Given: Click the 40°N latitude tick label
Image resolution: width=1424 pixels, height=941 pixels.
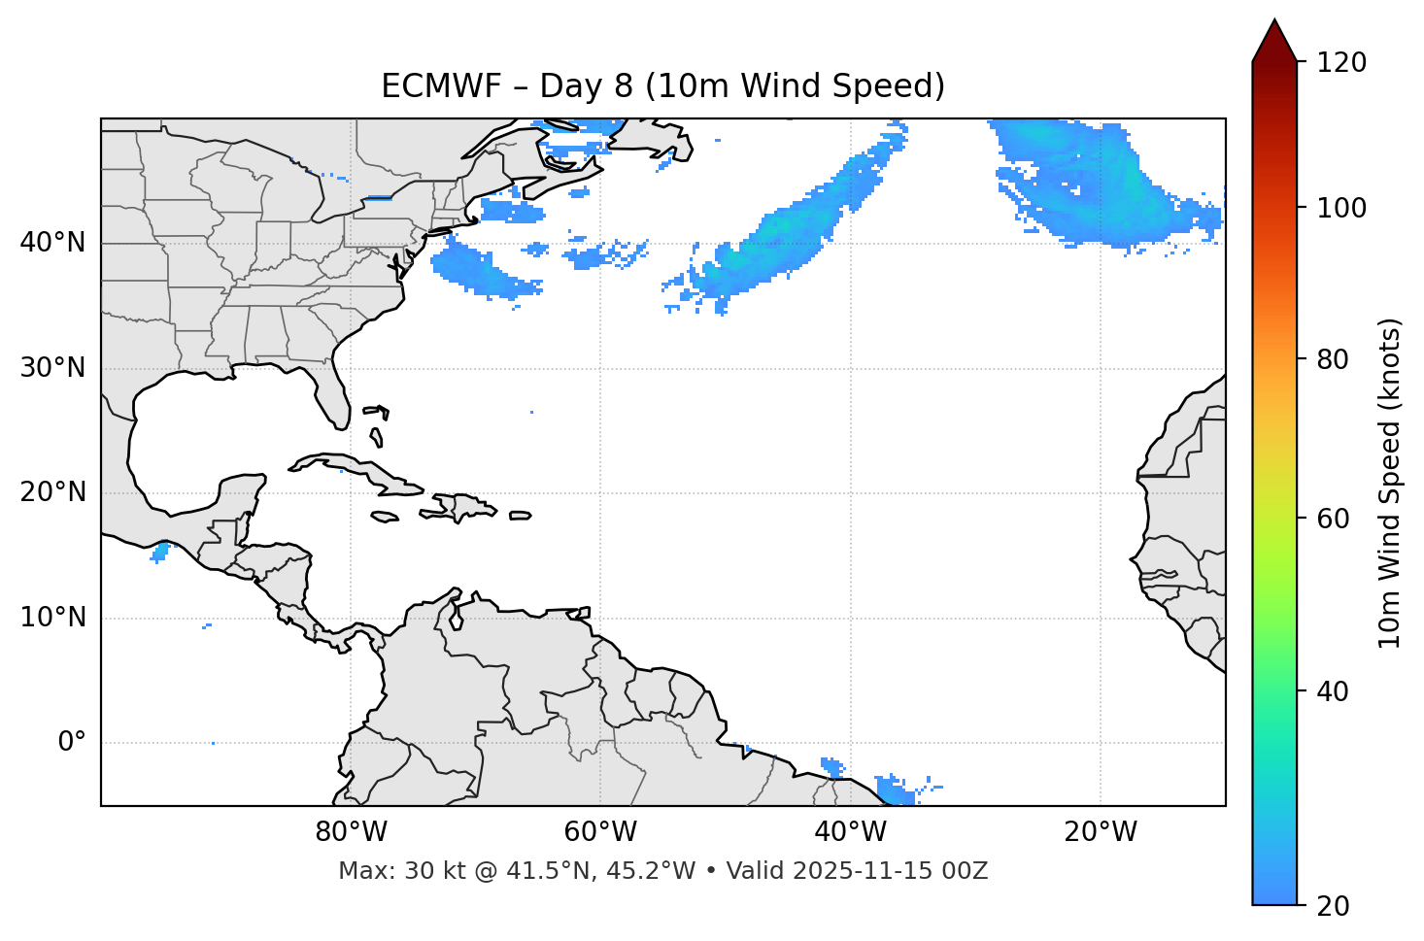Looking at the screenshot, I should coord(52,243).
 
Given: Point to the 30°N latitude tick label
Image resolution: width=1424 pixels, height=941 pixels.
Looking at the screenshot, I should coord(52,368).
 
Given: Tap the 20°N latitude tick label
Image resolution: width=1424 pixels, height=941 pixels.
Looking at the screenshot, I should coord(52,492).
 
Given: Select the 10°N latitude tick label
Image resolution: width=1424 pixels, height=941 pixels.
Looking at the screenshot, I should coord(52,618).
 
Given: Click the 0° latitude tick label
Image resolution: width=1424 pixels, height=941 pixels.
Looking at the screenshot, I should coord(72,743).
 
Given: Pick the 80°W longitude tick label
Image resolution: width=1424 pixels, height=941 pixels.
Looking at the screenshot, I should coord(351,832).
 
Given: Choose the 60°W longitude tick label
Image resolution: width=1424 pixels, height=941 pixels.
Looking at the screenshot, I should coord(600,832).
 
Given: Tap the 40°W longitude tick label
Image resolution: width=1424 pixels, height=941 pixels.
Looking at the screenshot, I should coord(850,832).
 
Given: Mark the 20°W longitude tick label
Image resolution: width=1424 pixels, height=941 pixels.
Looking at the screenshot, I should coord(1100,832).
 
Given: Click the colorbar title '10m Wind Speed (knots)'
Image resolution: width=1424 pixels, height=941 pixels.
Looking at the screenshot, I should coord(1389,484).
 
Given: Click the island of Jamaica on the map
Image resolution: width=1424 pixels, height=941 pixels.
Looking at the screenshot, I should coord(385,517).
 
